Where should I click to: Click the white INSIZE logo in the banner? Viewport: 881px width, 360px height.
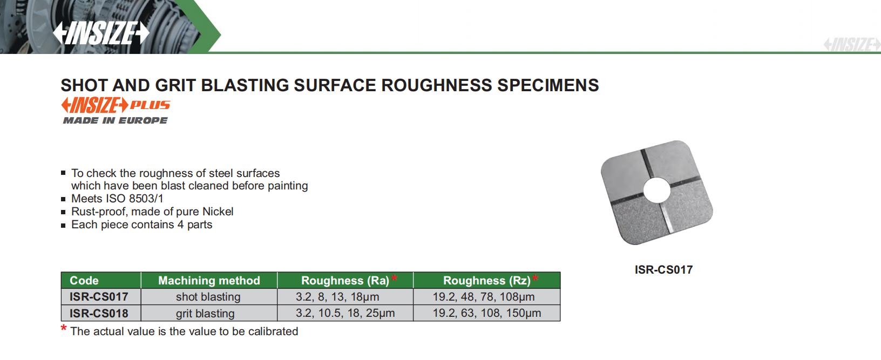[101, 33]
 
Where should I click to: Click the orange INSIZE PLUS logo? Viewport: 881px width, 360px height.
[116, 105]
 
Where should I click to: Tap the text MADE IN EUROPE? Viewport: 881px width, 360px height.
[115, 120]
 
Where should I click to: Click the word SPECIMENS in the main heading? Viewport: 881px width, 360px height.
[548, 85]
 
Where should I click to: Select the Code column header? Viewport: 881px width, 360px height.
[84, 281]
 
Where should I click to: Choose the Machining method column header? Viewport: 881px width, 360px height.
[209, 281]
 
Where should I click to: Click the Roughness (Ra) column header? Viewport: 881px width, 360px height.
[345, 281]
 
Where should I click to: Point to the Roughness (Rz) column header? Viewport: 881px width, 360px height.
[487, 281]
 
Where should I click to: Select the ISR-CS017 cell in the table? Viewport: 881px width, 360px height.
[99, 297]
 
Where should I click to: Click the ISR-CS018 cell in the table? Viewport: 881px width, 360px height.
[99, 313]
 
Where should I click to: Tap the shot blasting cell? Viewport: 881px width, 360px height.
[208, 297]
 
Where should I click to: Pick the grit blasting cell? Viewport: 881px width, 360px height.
[205, 314]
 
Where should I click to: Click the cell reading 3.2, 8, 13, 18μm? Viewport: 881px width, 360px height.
[337, 297]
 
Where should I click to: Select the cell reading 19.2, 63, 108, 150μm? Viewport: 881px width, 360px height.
[487, 313]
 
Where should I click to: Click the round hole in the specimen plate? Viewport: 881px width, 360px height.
[657, 191]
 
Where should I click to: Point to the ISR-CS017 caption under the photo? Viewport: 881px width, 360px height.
[663, 270]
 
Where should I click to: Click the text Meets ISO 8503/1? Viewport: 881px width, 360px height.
[117, 199]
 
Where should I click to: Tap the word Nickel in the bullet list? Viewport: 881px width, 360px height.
[218, 212]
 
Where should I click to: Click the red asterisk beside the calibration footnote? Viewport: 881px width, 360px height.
[64, 328]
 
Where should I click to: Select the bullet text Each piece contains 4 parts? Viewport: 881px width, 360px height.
[141, 225]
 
